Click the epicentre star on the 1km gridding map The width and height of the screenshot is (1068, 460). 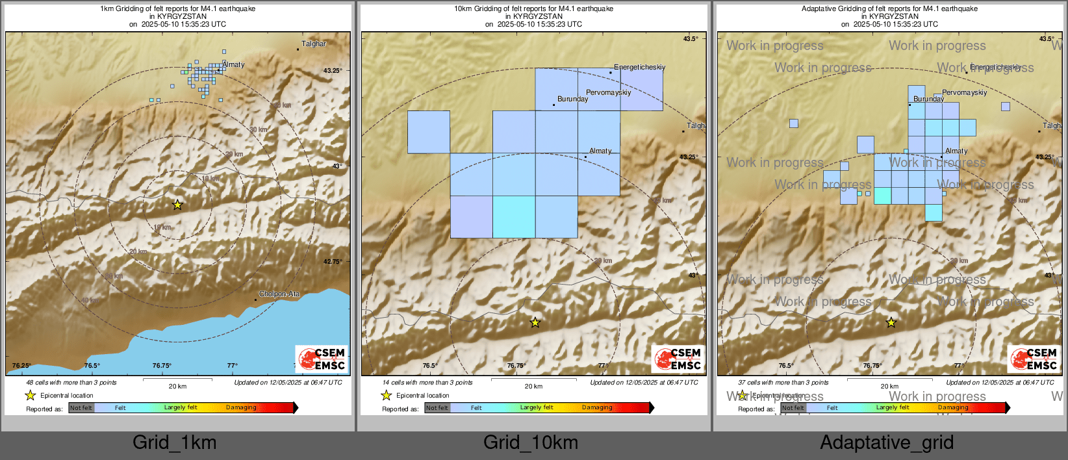click(x=177, y=205)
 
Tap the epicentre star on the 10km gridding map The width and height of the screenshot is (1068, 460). click(x=535, y=322)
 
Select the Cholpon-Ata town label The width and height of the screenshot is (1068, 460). click(x=279, y=294)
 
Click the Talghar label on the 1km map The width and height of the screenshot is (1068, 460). click(x=314, y=44)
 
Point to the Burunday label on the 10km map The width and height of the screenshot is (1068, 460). click(x=572, y=99)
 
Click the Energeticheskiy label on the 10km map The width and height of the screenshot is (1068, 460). click(x=639, y=68)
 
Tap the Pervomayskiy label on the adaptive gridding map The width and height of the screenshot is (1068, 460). click(x=964, y=93)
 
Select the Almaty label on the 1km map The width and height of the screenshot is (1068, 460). click(x=233, y=65)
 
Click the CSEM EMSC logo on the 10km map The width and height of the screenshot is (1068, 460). click(x=678, y=359)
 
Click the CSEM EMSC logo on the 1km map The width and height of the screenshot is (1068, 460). click(x=322, y=359)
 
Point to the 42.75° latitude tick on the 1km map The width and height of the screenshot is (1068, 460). click(x=333, y=262)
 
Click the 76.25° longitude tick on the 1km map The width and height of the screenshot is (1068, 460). click(x=21, y=366)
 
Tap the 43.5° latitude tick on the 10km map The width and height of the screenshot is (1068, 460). click(x=691, y=39)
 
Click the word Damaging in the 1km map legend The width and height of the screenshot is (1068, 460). click(x=241, y=408)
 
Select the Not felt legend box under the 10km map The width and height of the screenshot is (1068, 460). click(x=437, y=408)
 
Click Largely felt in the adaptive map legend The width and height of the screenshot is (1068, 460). click(x=892, y=408)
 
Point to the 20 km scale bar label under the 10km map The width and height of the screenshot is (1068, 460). click(x=533, y=387)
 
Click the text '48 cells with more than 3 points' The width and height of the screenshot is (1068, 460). click(x=71, y=383)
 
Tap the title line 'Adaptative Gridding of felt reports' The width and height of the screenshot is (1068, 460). click(x=889, y=9)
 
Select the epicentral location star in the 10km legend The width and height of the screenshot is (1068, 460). click(x=387, y=395)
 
